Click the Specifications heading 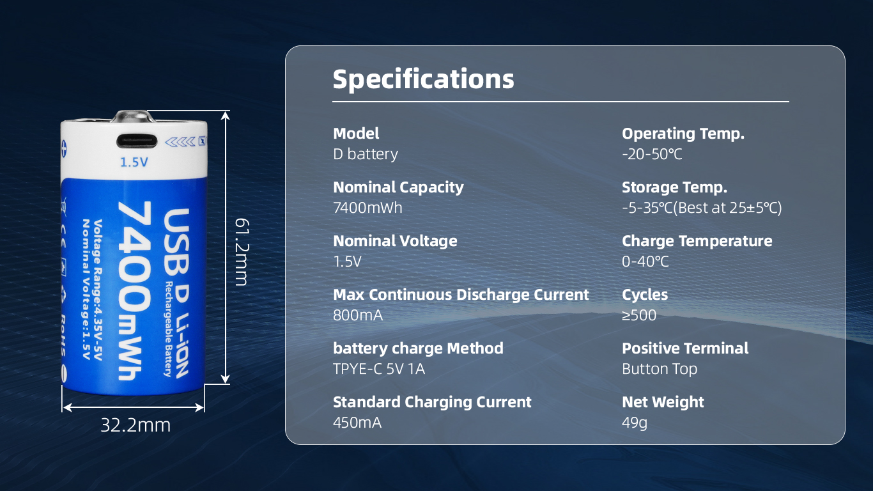tap(423, 79)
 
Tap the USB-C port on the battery tap(137, 141)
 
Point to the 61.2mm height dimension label tap(241, 252)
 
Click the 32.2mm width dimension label tap(135, 425)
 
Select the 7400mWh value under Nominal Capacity tap(367, 208)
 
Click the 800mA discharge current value tap(358, 315)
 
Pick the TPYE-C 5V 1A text tap(379, 369)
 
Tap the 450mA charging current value tap(357, 423)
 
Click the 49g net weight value tap(635, 423)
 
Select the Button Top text tap(660, 369)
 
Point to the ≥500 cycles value tap(639, 315)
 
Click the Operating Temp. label tap(683, 134)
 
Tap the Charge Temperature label tap(697, 241)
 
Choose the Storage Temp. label tap(675, 187)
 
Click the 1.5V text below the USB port tap(134, 162)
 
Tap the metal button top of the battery tap(134, 116)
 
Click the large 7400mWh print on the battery tap(134, 290)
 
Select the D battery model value tap(366, 155)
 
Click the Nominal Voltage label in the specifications tap(395, 241)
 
